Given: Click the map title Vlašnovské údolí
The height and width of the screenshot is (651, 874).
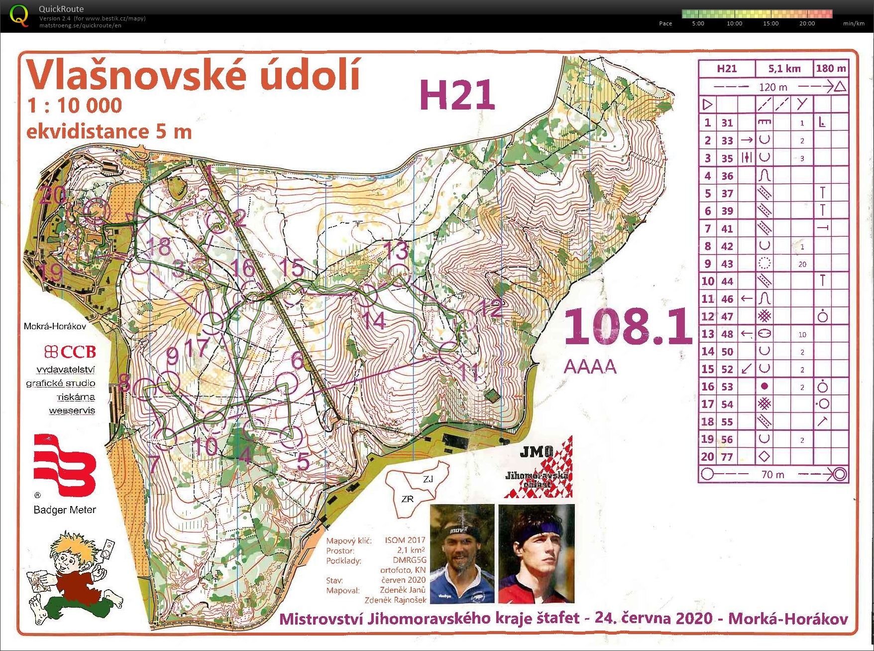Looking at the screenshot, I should [193, 75].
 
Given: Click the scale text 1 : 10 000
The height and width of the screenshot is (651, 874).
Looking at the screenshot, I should [75, 106].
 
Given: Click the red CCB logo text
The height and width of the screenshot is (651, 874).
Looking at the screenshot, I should [70, 352].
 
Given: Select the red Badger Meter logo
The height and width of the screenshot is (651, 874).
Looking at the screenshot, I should [64, 466].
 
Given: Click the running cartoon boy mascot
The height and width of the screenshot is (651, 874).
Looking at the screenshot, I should [75, 578].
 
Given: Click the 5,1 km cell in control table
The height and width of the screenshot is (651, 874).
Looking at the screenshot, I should [784, 69].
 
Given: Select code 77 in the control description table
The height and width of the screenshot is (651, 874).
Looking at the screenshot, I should [727, 457].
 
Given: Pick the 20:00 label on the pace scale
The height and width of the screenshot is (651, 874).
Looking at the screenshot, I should [807, 23].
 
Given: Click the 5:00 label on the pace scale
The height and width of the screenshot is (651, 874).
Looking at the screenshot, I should [698, 23].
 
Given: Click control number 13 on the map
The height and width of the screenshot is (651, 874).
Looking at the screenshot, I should [398, 251].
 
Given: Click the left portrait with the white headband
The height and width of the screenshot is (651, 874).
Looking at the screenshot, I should [462, 554].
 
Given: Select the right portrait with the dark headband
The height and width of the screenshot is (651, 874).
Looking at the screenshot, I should [537, 554].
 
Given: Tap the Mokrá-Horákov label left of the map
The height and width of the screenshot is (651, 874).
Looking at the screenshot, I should [55, 326].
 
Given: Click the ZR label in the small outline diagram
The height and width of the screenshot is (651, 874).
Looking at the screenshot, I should [407, 499].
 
